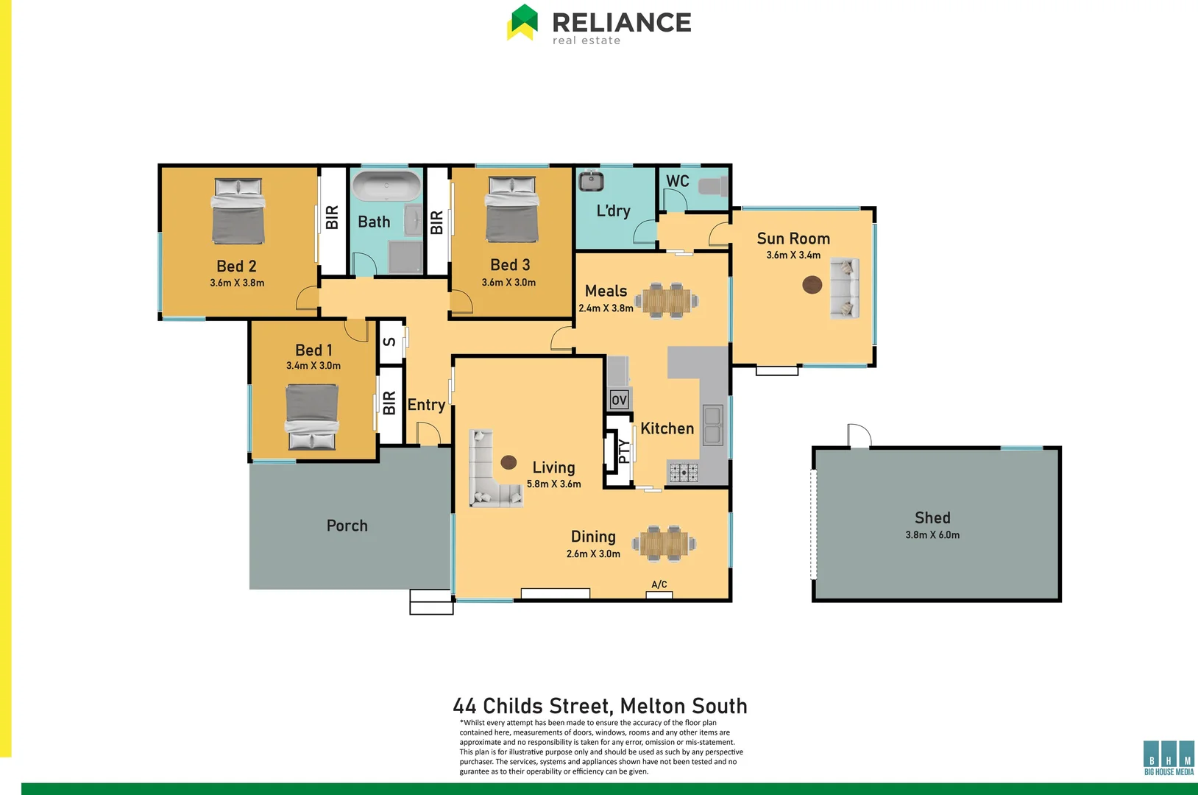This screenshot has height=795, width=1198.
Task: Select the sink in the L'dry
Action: [591, 181]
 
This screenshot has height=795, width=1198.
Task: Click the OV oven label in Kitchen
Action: [619, 400]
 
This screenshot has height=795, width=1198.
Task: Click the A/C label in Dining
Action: [659, 584]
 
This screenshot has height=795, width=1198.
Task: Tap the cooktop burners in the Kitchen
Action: [683, 473]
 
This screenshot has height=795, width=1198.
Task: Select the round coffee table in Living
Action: [508, 462]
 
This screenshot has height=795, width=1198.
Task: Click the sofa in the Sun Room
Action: [845, 288]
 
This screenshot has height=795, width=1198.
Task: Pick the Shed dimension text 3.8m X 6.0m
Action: [932, 535]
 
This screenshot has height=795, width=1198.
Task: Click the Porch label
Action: [347, 526]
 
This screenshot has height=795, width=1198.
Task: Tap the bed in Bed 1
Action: [313, 416]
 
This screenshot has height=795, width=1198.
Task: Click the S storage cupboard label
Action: [390, 342]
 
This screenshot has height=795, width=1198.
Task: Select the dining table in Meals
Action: [667, 300]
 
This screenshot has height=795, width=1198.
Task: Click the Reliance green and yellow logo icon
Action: [522, 22]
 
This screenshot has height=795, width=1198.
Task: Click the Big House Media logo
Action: [1169, 757]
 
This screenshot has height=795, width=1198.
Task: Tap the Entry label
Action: [426, 405]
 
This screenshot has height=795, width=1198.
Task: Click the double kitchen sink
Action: [712, 425]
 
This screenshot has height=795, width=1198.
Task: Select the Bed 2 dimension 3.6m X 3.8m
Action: [237, 283]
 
